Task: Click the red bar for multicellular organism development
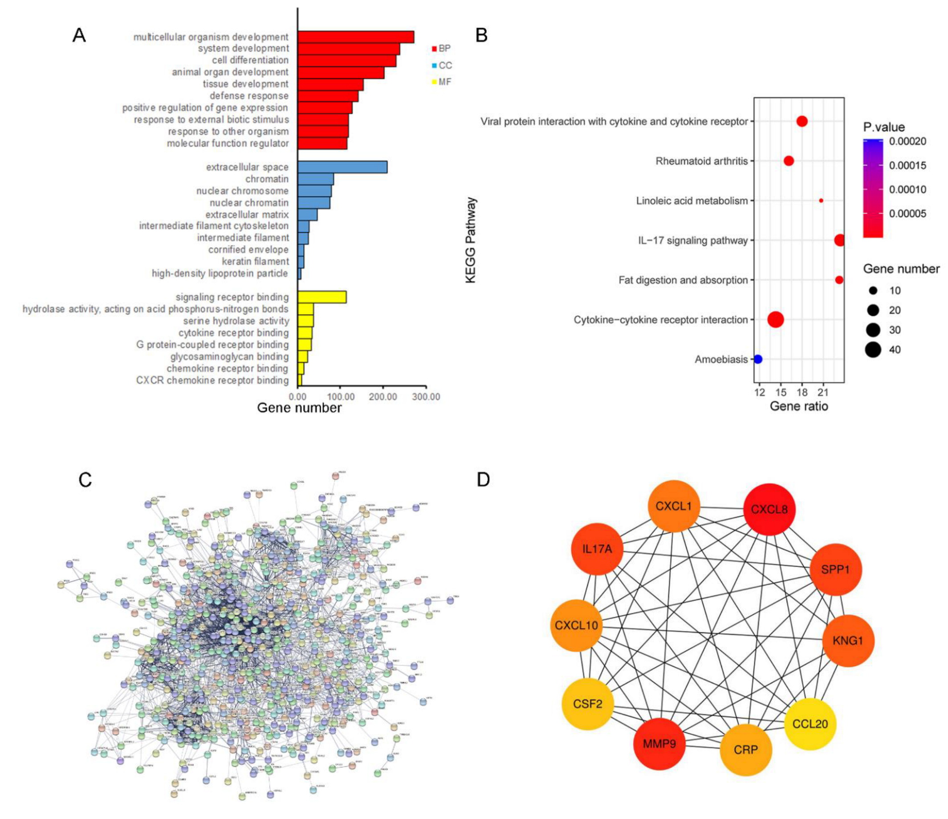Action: [x=355, y=37]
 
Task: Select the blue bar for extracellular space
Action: [x=342, y=167]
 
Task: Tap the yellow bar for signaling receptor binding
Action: [x=321, y=297]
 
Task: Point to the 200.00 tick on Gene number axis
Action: [x=383, y=397]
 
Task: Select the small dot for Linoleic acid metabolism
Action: [x=821, y=200]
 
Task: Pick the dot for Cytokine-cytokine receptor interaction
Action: [x=776, y=319]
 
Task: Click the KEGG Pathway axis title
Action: [x=471, y=240]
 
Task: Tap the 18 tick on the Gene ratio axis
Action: [x=802, y=392]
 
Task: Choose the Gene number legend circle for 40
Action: [x=873, y=350]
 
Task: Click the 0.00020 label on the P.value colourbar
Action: [x=907, y=141]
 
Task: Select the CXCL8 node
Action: [x=769, y=509]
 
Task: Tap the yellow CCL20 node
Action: [x=810, y=724]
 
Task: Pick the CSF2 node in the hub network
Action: [x=587, y=703]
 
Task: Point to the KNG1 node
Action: [x=848, y=641]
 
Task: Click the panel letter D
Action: [x=483, y=480]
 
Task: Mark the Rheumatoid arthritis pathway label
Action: [x=701, y=161]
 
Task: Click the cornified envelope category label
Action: [x=248, y=250]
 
